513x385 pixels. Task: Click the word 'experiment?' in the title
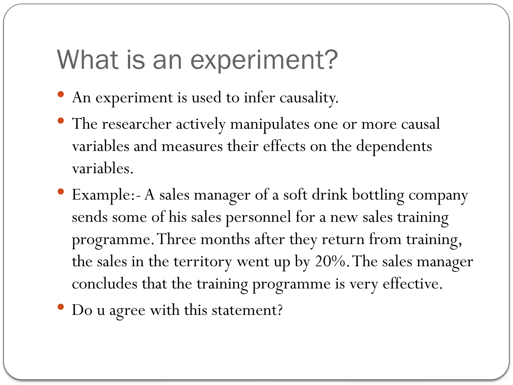pos(264,60)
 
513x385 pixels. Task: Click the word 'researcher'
pos(137,124)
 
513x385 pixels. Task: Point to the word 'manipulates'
pos(270,124)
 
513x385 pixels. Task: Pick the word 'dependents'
pos(394,146)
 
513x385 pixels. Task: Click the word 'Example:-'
pos(106,195)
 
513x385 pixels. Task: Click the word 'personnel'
pos(258,217)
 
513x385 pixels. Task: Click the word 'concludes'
pos(104,284)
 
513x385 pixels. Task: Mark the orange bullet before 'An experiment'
pos(61,94)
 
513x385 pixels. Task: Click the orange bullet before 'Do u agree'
pos(61,307)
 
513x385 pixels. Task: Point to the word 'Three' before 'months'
pos(177,239)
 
